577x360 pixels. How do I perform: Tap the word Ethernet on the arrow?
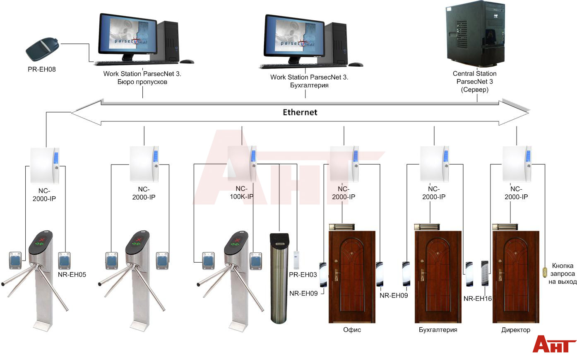coord(300,112)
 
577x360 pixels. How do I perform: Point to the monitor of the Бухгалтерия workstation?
coord(294,36)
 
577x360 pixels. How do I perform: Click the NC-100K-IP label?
coord(241,193)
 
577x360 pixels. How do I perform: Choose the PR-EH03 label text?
coord(303,275)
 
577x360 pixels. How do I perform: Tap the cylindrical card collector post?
coord(279,278)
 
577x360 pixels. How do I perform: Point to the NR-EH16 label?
coord(477,298)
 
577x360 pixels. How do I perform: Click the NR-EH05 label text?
coord(72,274)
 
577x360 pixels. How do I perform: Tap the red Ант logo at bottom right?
coord(553,344)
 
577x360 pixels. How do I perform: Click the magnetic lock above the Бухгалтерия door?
coord(430,227)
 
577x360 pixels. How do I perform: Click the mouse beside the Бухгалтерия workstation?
coord(356,64)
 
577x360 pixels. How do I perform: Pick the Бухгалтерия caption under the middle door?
coord(438,330)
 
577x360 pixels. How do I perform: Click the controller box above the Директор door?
coord(516,164)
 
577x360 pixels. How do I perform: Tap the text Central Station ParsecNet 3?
coord(474,77)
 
